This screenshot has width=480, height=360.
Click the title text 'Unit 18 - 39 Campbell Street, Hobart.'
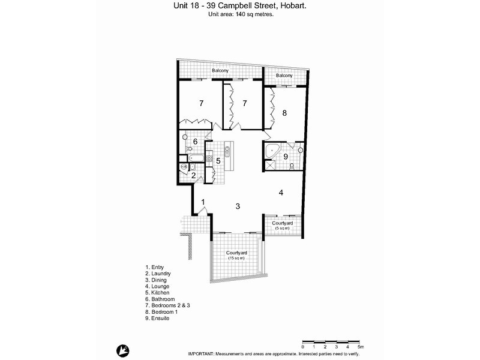coord(239,7)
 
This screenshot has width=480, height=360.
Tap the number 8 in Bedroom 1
coord(284,112)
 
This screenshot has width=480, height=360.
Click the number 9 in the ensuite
coord(286,157)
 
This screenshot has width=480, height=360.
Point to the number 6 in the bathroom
coord(196,142)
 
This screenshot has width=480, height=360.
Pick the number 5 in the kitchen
coord(218,161)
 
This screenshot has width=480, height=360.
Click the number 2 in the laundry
coord(193,176)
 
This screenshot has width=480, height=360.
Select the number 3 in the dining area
coord(238,206)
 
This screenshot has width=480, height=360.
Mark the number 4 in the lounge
coord(281,193)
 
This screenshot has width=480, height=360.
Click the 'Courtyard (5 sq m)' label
coord(282,226)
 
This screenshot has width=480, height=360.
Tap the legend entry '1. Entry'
coord(154,268)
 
